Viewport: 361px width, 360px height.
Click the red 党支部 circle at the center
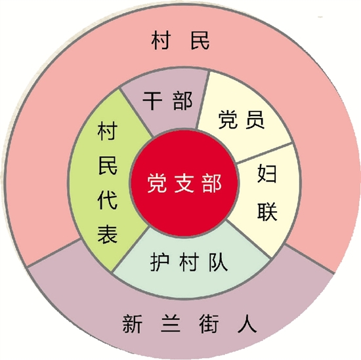[184, 183]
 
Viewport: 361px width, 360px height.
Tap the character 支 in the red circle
[184, 184]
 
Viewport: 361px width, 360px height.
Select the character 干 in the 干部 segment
[152, 100]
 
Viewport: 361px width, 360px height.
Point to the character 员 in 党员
[255, 119]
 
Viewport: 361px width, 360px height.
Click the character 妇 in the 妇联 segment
[267, 173]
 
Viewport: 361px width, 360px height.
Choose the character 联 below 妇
[267, 211]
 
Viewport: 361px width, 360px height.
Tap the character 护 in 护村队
[159, 262]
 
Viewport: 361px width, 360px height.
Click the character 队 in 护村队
[218, 262]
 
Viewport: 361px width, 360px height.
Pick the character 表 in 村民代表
[108, 233]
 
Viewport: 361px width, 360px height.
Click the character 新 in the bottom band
[132, 324]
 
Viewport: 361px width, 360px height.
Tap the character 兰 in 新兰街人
[171, 324]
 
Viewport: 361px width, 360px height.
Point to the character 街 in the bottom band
[209, 324]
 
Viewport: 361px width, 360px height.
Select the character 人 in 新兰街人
[247, 324]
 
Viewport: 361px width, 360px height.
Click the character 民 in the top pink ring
[200, 41]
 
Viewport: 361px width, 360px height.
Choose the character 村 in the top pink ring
[161, 41]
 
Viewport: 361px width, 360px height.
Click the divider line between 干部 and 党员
[202, 100]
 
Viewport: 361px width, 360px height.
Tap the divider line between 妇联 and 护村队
[249, 239]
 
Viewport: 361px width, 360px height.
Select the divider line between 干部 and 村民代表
[137, 113]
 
